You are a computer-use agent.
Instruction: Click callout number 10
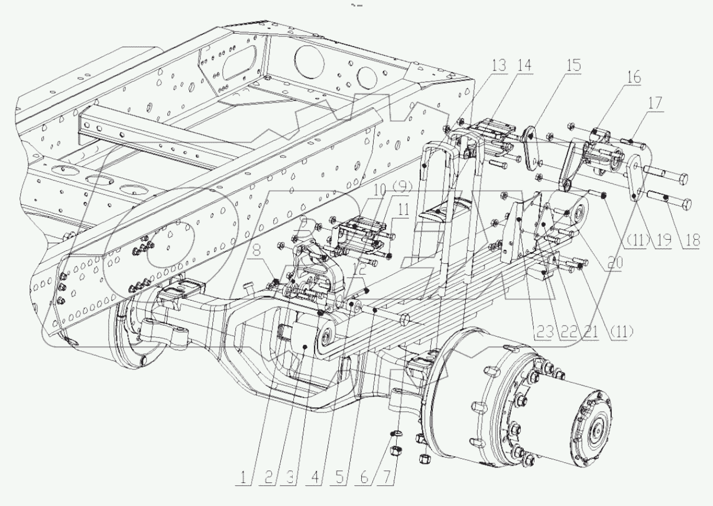378,189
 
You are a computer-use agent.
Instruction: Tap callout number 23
546,333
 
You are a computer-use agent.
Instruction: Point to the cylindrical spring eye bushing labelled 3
304,337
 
